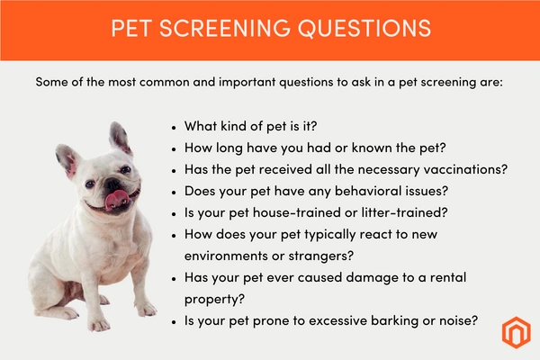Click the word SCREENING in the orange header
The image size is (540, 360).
click(225, 28)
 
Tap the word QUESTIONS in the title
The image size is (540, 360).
click(364, 28)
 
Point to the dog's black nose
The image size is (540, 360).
click(112, 184)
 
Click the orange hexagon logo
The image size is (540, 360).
click(516, 332)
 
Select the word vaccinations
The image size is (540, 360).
click(465, 169)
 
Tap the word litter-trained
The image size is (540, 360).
click(404, 212)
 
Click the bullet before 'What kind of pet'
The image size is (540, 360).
click(174, 128)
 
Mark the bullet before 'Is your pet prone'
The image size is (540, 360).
click(174, 322)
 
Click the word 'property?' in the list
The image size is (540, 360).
click(214, 300)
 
